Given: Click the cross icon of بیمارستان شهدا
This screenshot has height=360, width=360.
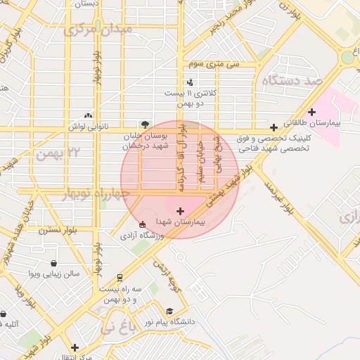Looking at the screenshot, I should [x=180, y=210].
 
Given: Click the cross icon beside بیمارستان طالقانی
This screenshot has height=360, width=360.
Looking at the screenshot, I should [x=312, y=112].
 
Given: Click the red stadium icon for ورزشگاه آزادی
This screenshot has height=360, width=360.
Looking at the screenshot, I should [x=143, y=224].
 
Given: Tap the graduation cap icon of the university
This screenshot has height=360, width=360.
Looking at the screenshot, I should [x=169, y=311].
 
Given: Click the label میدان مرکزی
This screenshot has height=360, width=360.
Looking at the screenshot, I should [x=98, y=30].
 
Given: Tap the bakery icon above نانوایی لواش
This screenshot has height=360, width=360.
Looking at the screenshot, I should [x=88, y=115].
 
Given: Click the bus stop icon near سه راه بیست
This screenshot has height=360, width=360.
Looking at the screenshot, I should [x=121, y=276].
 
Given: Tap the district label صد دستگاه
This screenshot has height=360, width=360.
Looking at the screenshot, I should [x=290, y=81].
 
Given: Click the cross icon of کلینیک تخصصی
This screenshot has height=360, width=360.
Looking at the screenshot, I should [x=274, y=127].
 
